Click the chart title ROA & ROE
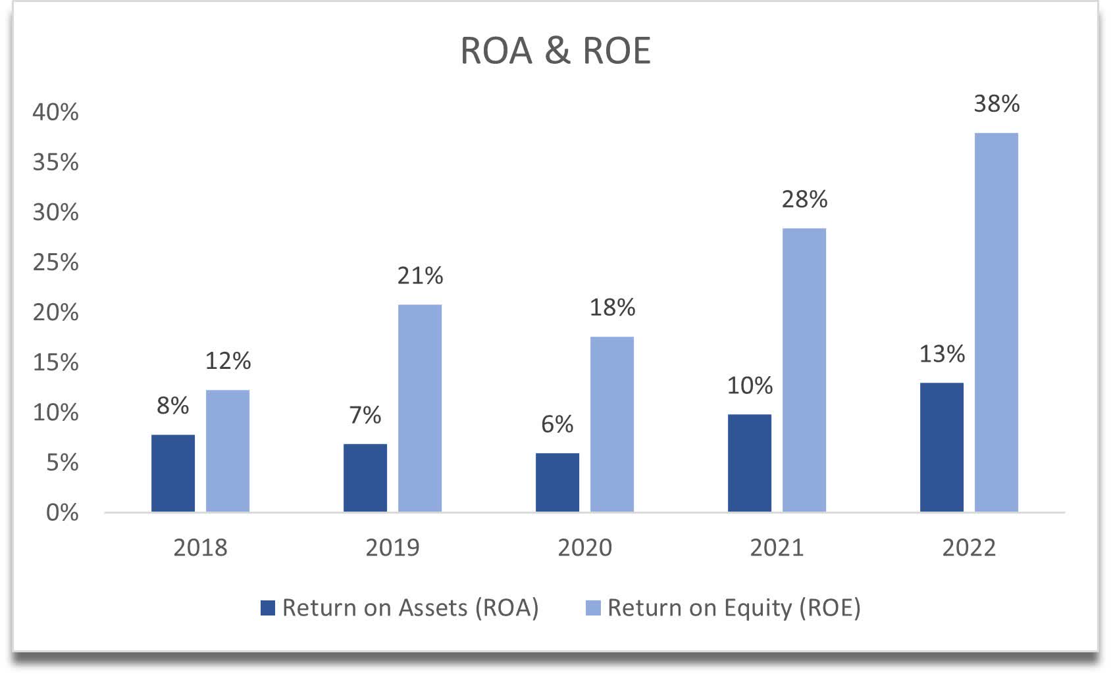[555, 51]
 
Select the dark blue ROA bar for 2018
[173, 473]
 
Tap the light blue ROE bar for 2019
[420, 408]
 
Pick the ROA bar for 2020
[557, 482]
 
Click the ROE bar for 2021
[804, 370]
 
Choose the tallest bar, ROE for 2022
[996, 322]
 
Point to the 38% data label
[996, 104]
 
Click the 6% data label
[557, 425]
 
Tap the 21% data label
[420, 276]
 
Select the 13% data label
[942, 354]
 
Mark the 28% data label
[804, 200]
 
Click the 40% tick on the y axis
[55, 112]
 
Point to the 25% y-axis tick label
[55, 262]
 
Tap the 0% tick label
[62, 513]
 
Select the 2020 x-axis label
[584, 548]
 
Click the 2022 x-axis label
[969, 548]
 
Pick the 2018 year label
[200, 548]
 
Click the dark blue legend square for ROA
[268, 608]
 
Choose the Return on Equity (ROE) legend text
[734, 608]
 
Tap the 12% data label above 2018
[228, 361]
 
